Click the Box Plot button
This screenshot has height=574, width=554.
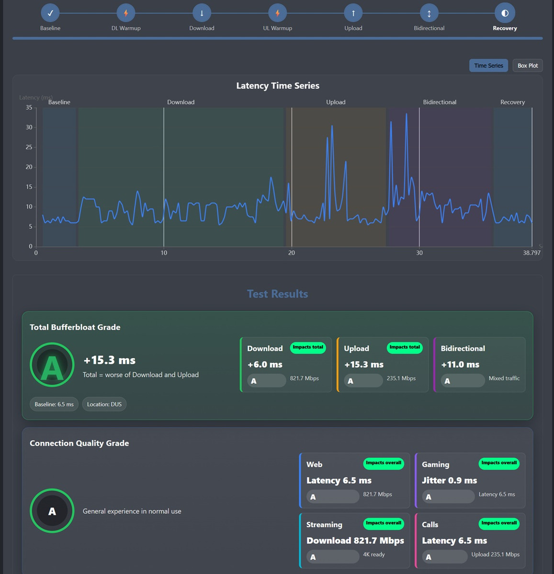(x=527, y=66)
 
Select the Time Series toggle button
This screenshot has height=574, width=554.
(x=488, y=66)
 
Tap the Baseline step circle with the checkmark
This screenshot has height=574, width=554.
(x=50, y=13)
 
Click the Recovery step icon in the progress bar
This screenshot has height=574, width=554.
(x=505, y=13)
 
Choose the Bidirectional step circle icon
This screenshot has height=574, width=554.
(x=429, y=13)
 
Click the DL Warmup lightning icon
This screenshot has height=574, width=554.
(x=126, y=13)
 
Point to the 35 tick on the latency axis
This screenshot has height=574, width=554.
(x=29, y=107)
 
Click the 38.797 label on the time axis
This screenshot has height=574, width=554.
(x=531, y=253)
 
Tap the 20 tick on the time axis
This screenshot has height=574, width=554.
(x=292, y=253)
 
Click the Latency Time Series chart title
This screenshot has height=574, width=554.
(x=278, y=86)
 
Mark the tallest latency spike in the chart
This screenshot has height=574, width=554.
(x=407, y=114)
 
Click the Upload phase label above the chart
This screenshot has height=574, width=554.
(x=336, y=102)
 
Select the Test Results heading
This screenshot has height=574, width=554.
(x=278, y=294)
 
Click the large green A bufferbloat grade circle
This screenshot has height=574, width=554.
(x=52, y=364)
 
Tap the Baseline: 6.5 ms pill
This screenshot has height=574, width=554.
(x=54, y=404)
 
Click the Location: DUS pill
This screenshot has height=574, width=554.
(x=104, y=404)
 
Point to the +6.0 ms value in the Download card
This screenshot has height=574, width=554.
(x=265, y=364)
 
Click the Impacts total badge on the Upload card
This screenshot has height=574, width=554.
(x=405, y=347)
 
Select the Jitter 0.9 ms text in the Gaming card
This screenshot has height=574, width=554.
(x=449, y=481)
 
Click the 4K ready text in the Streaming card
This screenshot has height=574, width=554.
(x=374, y=554)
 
